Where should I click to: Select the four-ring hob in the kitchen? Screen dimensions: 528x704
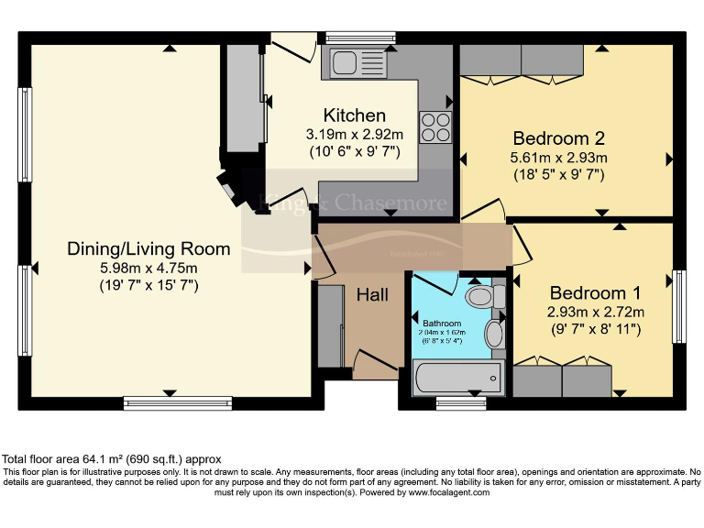click(434, 126)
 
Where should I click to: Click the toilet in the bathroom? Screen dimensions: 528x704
click(483, 296)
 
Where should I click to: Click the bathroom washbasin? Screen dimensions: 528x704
click(494, 334)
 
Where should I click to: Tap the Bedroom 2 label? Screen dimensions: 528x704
click(558, 138)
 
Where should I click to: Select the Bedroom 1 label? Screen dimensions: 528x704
click(595, 293)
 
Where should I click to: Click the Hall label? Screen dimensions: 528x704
click(372, 295)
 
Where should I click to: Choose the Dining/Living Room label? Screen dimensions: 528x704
click(148, 248)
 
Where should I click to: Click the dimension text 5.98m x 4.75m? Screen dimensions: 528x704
click(148, 267)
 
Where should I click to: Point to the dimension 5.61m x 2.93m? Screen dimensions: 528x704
click(559, 158)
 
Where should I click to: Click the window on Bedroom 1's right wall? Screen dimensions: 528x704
click(678, 303)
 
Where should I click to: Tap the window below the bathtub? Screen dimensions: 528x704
click(461, 401)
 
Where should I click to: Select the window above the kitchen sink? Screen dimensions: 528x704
click(359, 38)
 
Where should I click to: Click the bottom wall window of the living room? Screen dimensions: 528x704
click(166, 401)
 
